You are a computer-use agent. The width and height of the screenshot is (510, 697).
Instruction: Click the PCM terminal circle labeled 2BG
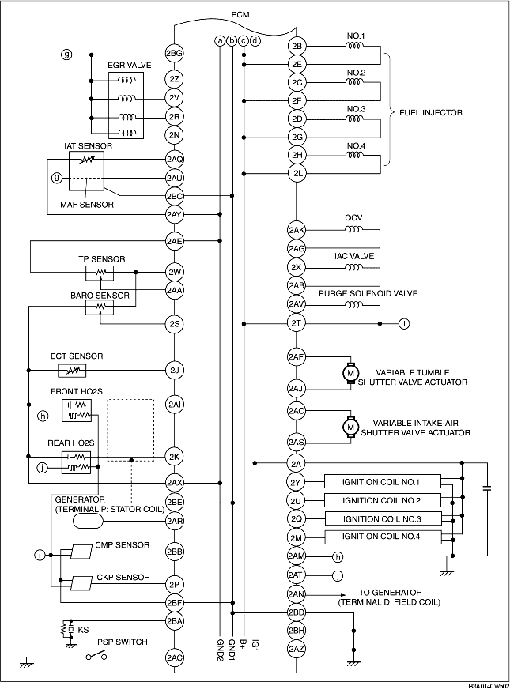(174, 55)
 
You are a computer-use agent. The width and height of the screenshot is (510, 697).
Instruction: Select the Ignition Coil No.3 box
(383, 518)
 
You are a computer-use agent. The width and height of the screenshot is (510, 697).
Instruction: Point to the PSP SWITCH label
(123, 642)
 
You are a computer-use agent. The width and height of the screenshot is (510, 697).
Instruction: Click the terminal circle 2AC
(174, 657)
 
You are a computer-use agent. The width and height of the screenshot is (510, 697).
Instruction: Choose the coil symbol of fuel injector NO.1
(355, 45)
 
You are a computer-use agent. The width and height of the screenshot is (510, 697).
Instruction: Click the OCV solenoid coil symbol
(353, 230)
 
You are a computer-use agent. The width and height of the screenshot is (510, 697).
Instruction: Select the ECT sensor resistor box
(72, 371)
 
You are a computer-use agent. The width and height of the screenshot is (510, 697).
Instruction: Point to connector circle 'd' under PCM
(255, 41)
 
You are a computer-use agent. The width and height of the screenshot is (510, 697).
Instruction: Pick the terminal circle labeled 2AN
(297, 594)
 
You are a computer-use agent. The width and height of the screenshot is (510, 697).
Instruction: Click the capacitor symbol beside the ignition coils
(487, 488)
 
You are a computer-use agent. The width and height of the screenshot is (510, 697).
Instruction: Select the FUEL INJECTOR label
(430, 113)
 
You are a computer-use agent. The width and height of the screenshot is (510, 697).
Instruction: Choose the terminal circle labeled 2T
(297, 324)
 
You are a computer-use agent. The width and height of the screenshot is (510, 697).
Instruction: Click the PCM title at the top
(240, 15)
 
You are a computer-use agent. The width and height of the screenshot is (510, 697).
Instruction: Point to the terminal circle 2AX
(174, 483)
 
